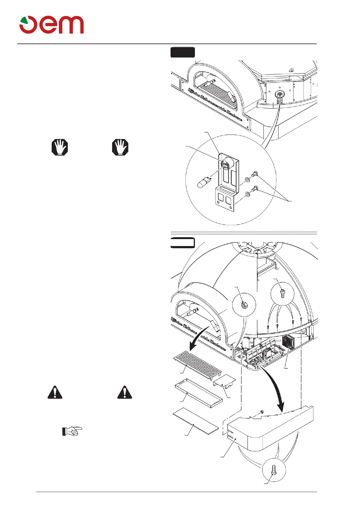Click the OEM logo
(x=52, y=25)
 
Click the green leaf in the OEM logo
(x=24, y=21)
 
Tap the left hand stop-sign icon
(x=60, y=147)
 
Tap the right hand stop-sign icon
(x=120, y=147)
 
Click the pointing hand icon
(x=72, y=431)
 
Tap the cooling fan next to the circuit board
(x=288, y=342)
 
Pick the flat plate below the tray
(x=195, y=421)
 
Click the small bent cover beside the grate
(x=224, y=380)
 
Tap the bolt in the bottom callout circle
(x=274, y=470)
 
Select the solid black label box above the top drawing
(x=183, y=52)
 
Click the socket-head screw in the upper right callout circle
(x=283, y=293)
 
